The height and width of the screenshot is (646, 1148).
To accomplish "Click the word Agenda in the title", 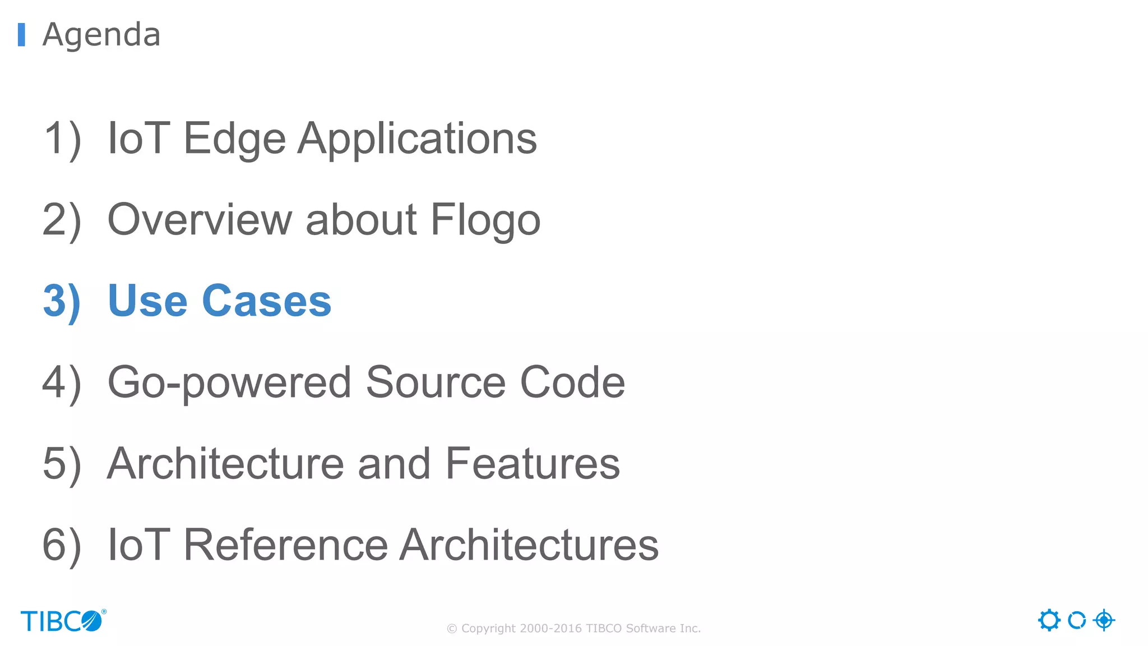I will [x=101, y=35].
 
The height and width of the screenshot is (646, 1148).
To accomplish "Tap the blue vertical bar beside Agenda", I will [x=21, y=35].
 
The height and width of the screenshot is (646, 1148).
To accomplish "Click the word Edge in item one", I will [x=234, y=139].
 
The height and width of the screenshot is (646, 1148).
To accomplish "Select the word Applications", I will [x=417, y=139].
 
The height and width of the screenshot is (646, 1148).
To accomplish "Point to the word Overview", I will [x=200, y=220].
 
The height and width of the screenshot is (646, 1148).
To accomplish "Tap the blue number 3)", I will [x=62, y=302].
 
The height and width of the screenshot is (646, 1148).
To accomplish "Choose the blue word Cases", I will [x=266, y=302].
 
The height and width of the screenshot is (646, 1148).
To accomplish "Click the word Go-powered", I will [x=229, y=383].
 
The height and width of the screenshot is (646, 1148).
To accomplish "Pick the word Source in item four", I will [x=436, y=383].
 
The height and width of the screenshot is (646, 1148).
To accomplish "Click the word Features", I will [x=533, y=464].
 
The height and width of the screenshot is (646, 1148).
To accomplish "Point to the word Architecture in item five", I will [x=225, y=464].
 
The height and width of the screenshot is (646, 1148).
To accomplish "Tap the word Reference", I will [x=285, y=545].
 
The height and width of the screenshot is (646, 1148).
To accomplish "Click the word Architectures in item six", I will [x=529, y=545].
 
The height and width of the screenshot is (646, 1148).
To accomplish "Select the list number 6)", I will [x=62, y=545].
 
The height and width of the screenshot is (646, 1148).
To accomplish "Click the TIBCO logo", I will [x=63, y=621].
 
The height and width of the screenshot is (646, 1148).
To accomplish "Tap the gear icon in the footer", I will [x=1049, y=620].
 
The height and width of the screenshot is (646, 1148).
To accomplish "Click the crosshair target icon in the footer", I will [x=1104, y=620].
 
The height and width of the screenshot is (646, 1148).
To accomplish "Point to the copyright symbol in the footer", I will [x=452, y=629].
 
